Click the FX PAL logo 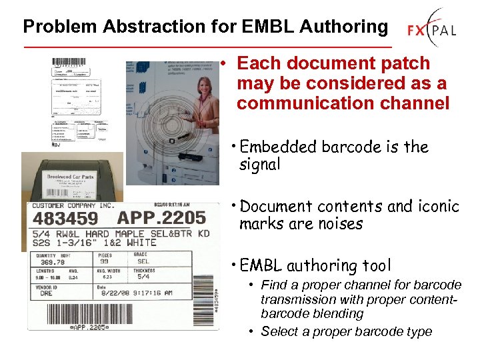[x=433, y=29]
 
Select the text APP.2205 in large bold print [x=161, y=218]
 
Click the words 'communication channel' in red [x=343, y=103]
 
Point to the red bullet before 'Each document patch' [x=227, y=64]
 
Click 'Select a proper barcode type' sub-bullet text [x=346, y=331]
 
